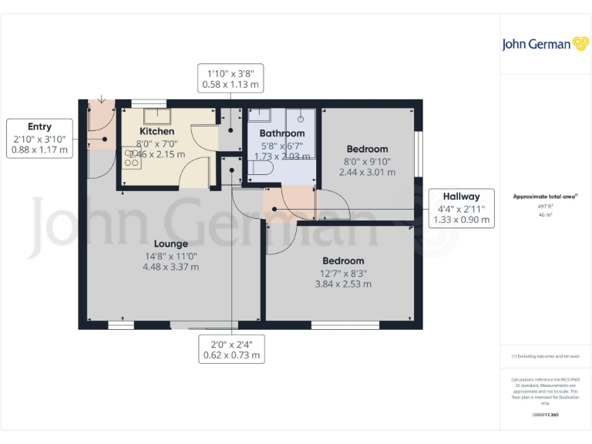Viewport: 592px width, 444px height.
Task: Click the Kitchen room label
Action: (156, 131)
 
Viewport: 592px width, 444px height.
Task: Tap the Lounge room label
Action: (170, 244)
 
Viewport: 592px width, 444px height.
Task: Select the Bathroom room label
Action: (281, 133)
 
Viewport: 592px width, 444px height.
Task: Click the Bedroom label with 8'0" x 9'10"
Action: (367, 149)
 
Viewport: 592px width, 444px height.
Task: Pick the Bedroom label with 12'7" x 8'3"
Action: (343, 261)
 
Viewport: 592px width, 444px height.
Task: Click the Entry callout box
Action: (39, 139)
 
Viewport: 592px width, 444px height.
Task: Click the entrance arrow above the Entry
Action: (102, 100)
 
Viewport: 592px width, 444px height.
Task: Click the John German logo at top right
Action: (545, 44)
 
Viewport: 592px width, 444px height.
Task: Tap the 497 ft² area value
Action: (545, 207)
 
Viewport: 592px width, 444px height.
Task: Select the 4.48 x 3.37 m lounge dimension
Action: (170, 267)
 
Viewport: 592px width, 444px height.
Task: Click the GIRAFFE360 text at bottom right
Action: (545, 415)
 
